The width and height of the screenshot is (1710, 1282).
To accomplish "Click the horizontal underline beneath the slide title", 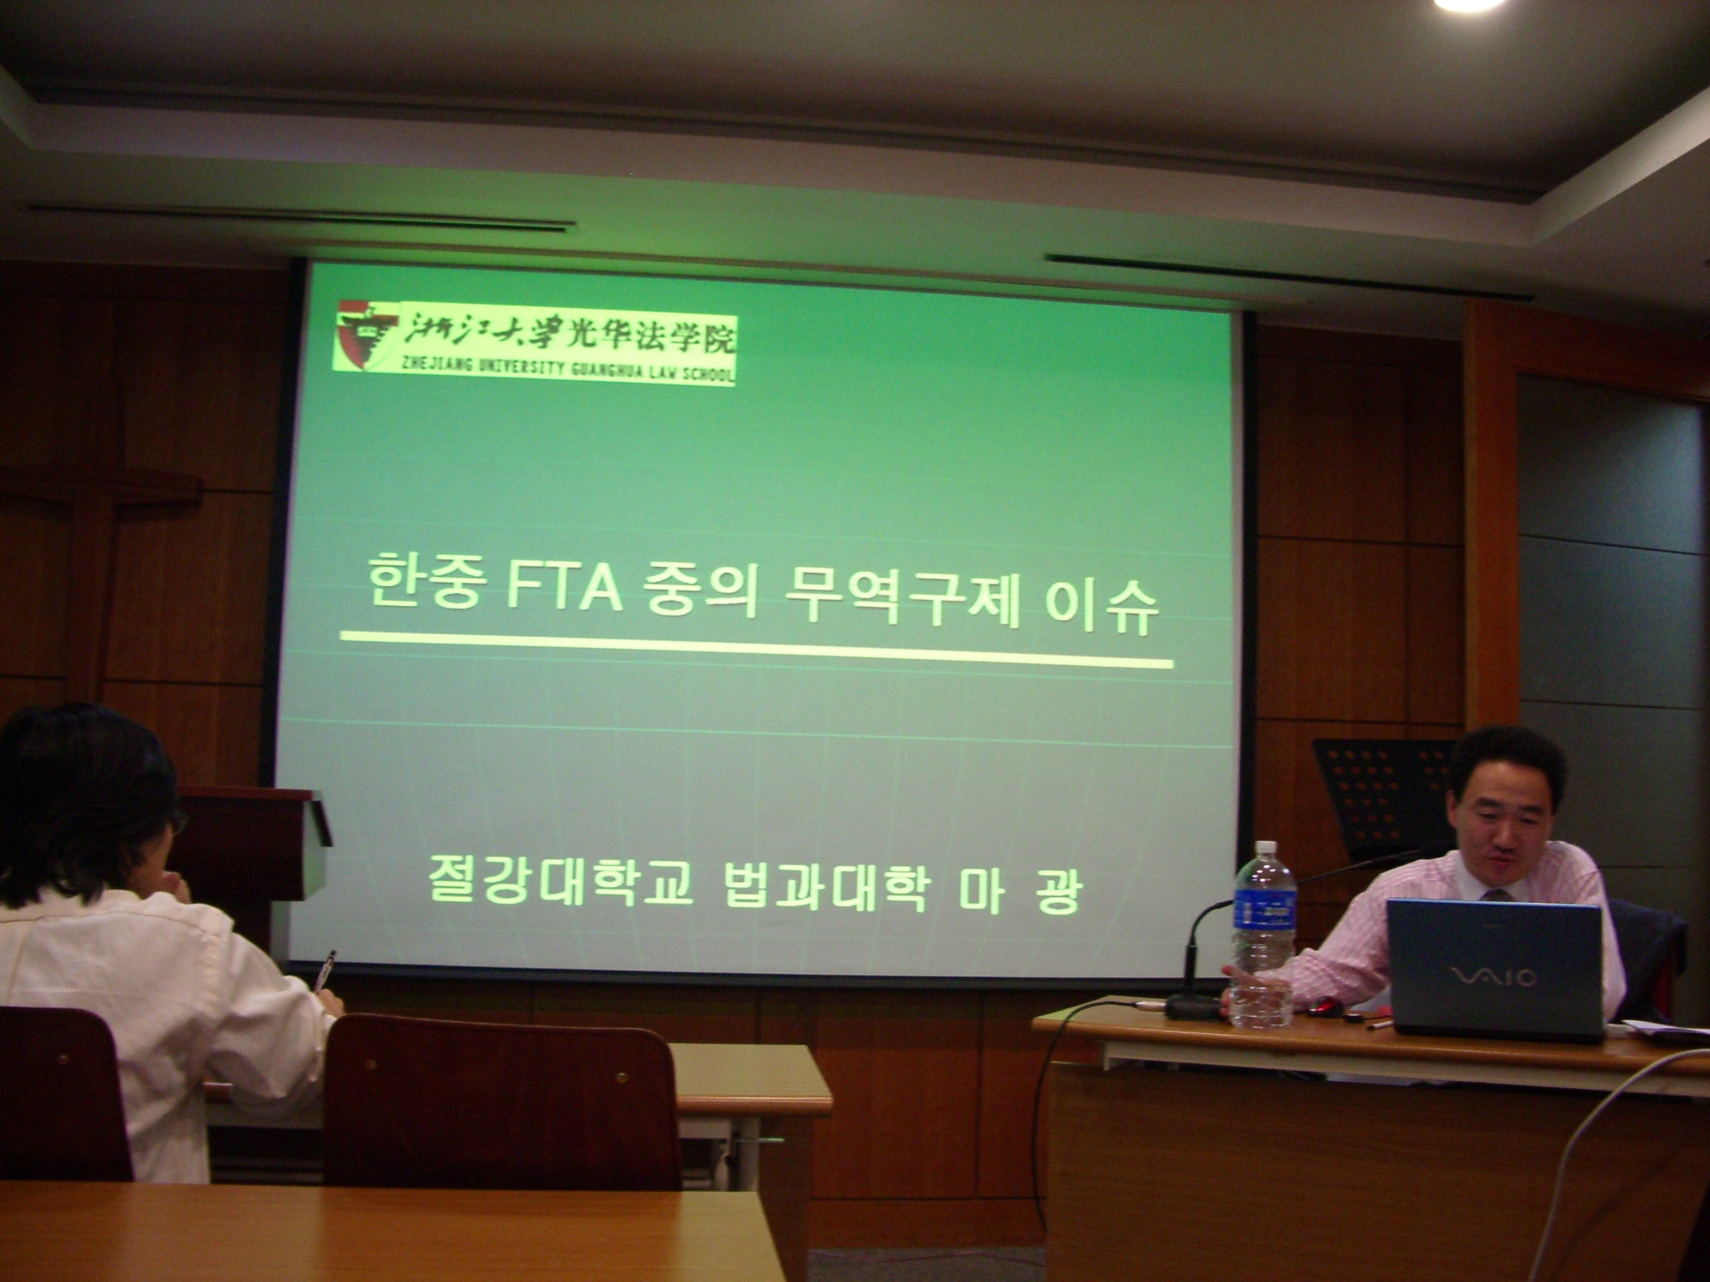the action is (757, 650).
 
